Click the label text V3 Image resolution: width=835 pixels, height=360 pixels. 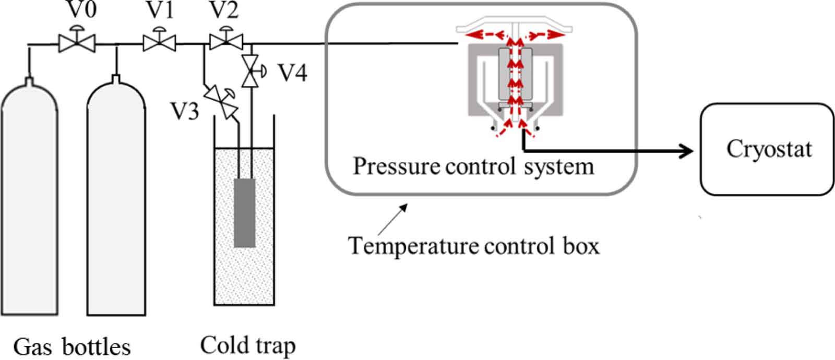185,111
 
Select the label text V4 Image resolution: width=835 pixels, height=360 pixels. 292,73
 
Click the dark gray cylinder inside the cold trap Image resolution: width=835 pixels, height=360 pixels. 244,213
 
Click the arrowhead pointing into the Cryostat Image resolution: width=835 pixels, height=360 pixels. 687,151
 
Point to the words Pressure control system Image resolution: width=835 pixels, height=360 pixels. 473,166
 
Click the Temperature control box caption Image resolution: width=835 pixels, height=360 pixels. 473,246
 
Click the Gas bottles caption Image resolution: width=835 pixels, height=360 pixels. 71,347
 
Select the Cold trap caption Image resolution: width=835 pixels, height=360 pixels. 248,346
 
